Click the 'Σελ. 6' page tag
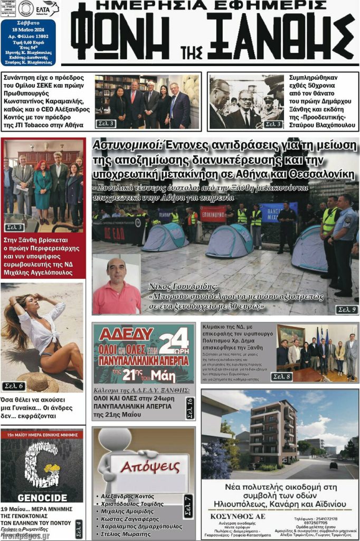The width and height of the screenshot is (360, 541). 14,386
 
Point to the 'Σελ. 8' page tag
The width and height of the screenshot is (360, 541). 281,376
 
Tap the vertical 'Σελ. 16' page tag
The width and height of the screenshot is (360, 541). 190,408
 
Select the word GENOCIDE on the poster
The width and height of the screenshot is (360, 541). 42,497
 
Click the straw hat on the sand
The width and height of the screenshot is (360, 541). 38,381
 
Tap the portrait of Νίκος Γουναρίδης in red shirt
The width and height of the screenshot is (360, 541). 116,286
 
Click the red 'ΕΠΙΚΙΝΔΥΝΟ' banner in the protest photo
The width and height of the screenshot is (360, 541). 213,213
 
